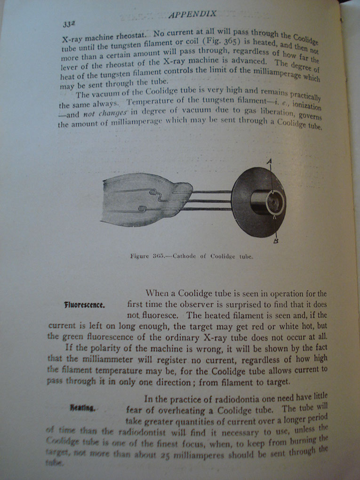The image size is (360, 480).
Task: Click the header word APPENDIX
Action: tap(192, 14)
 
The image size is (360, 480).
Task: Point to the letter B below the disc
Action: tap(277, 241)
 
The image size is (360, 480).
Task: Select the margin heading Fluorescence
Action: tap(84, 304)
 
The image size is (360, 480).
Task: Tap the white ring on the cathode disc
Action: tap(274, 204)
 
